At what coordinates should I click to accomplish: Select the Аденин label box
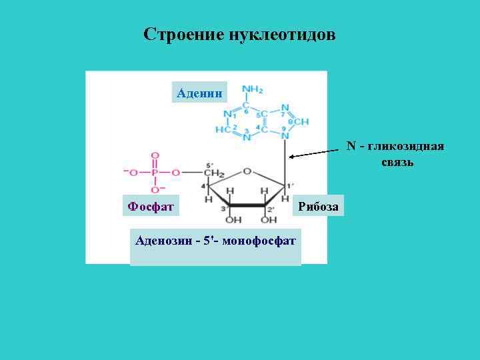(199, 92)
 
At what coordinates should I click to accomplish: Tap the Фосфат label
(151, 206)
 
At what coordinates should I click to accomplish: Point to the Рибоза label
(318, 206)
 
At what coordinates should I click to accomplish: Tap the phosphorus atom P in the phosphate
(154, 172)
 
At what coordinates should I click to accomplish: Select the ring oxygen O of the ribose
(247, 171)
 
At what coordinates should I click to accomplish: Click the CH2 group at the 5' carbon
(214, 173)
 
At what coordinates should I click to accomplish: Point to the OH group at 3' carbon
(233, 219)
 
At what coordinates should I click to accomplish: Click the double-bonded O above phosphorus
(154, 155)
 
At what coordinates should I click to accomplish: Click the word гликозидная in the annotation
(409, 146)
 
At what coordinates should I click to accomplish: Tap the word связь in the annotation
(397, 162)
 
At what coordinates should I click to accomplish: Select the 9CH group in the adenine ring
(300, 122)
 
